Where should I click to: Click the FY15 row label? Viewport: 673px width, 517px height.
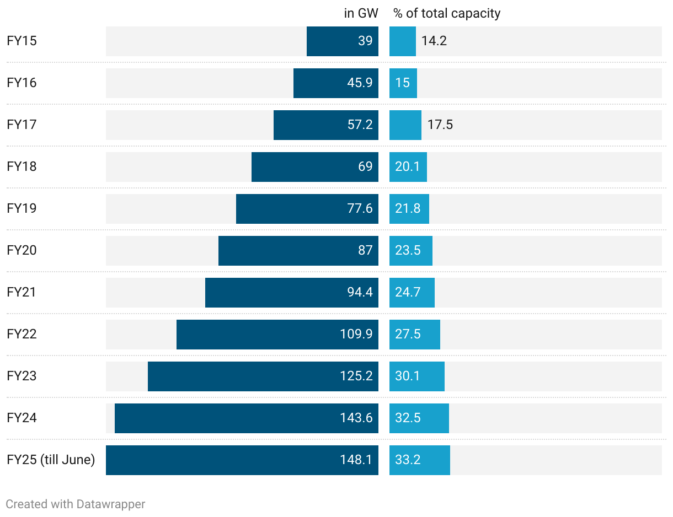[22, 41]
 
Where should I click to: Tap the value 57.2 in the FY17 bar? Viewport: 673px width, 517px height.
[360, 125]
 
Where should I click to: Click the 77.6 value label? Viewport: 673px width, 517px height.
[360, 209]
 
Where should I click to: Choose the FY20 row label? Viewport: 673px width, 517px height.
[22, 250]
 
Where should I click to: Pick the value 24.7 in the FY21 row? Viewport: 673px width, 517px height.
[408, 293]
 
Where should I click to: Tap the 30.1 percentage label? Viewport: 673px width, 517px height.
[408, 376]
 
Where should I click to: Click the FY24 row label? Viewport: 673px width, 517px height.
[22, 418]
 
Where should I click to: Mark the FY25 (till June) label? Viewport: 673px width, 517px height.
[51, 460]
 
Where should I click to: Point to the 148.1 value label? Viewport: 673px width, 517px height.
[356, 460]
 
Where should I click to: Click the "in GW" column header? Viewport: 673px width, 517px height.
[361, 13]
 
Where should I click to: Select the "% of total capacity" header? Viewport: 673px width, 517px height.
[447, 13]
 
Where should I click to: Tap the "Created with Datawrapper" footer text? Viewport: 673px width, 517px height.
[76, 504]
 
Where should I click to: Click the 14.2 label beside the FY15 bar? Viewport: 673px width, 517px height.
[434, 41]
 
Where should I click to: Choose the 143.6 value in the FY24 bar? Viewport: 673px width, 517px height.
[356, 418]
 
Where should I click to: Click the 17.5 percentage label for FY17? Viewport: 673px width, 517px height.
[440, 125]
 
